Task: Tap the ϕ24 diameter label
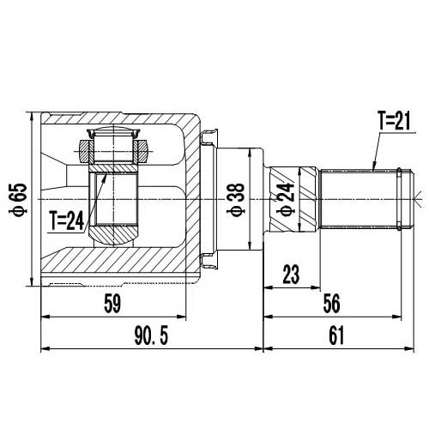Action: [285, 200]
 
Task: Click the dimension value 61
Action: [335, 336]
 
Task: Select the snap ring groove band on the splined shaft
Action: [401, 200]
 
